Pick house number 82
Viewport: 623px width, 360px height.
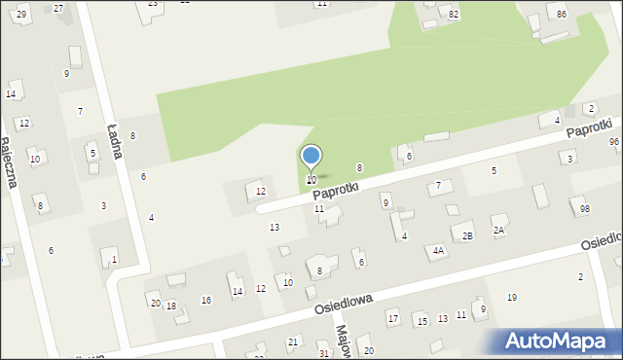click(454, 14)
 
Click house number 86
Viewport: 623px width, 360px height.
click(562, 14)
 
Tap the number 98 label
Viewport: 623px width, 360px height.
click(585, 209)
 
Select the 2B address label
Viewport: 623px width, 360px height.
click(467, 236)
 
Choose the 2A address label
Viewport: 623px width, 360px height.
click(498, 231)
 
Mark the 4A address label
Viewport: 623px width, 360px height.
click(439, 251)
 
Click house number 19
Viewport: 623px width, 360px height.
click(512, 297)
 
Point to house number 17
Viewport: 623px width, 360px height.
click(393, 318)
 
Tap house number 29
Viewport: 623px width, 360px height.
click(21, 13)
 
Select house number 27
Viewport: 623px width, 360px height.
click(58, 8)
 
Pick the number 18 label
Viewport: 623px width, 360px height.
click(171, 306)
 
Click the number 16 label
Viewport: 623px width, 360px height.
click(206, 300)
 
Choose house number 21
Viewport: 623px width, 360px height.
click(292, 342)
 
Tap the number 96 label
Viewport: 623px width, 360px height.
click(614, 142)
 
